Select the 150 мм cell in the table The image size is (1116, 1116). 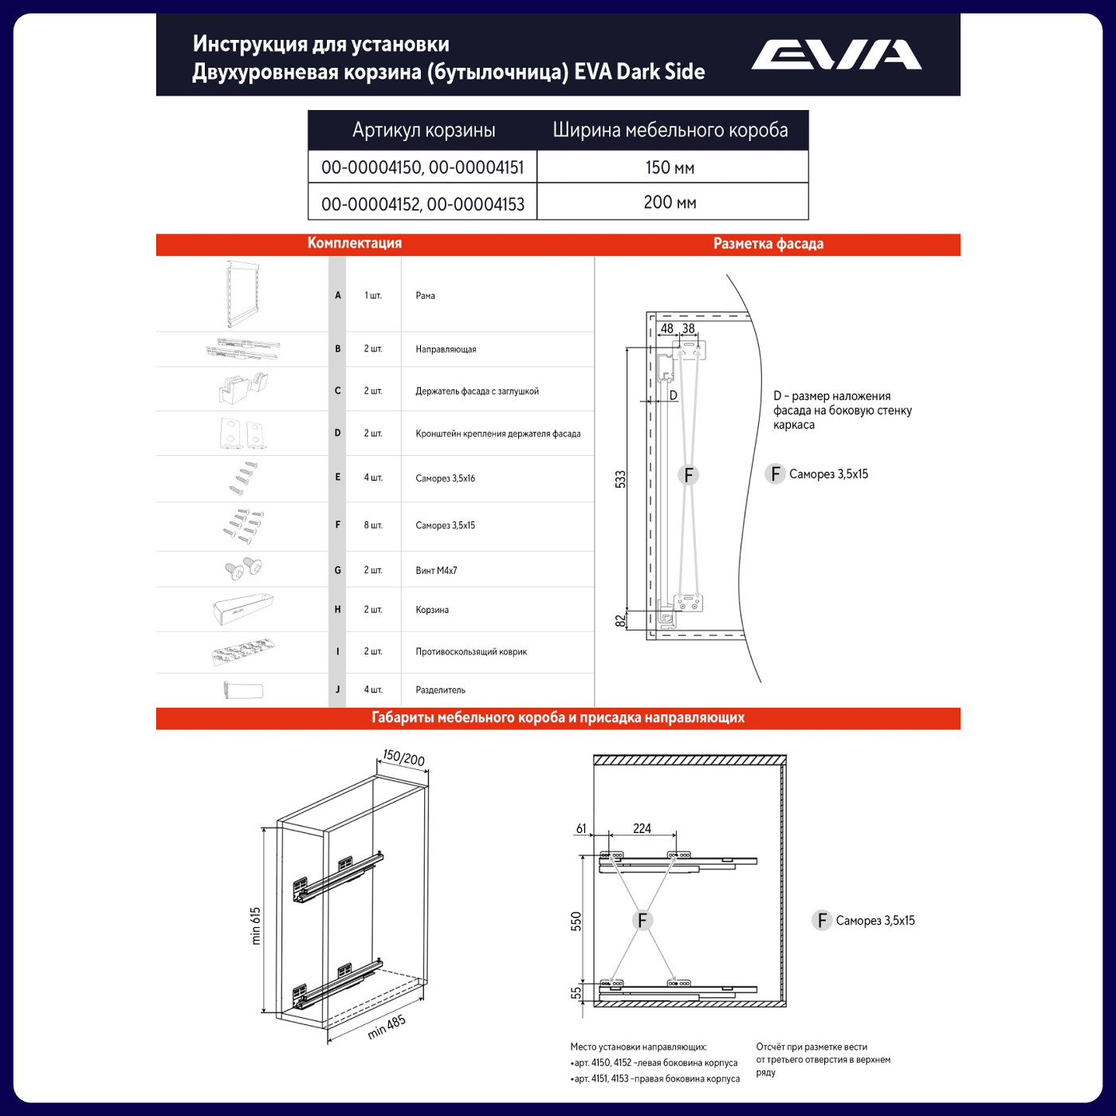pos(670,167)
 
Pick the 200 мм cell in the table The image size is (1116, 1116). pos(670,202)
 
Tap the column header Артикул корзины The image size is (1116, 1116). pos(423,130)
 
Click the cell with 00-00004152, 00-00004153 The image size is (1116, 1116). pos(422,204)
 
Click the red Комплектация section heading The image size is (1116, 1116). pos(354,243)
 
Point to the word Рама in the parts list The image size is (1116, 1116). pos(425,296)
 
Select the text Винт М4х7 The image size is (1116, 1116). pos(436,571)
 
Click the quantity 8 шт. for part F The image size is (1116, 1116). pos(373,525)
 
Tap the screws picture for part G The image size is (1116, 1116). pos(243,568)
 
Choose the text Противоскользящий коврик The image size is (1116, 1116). pos(470,652)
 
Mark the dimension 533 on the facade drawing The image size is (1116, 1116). pos(620,479)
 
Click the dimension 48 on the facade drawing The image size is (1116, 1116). pos(666,328)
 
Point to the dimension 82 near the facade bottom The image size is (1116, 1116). pos(620,621)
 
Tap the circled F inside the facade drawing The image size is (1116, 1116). pos(688,475)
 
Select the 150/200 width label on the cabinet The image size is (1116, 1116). pos(403,757)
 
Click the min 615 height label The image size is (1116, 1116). pos(256,925)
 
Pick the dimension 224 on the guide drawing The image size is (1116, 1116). pos(642,829)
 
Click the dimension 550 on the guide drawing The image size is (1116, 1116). pos(576,921)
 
